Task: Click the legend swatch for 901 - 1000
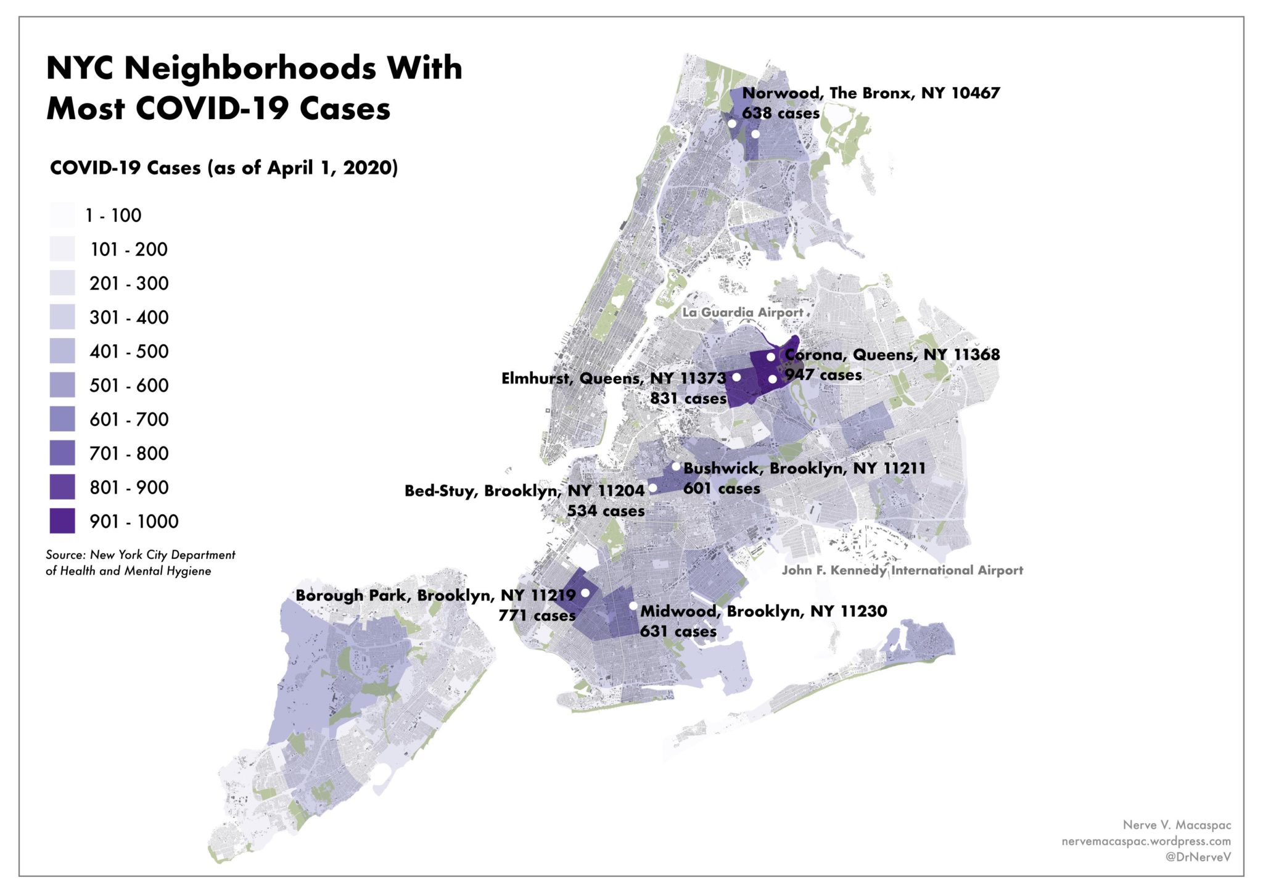point(62,521)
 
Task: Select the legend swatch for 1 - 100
point(62,215)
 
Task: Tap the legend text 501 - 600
point(129,385)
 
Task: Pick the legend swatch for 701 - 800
point(62,453)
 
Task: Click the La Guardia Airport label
point(743,313)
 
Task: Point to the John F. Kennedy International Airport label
point(902,570)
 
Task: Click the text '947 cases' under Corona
point(823,375)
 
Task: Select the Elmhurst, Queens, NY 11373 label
point(614,378)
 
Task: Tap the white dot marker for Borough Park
point(585,593)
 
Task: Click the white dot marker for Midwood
point(633,606)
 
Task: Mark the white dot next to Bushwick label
point(676,466)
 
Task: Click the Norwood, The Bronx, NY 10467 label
point(871,93)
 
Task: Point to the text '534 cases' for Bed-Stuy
point(606,511)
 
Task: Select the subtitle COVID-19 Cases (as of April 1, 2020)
point(224,168)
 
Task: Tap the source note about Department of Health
point(140,563)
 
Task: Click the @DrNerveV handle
point(1198,857)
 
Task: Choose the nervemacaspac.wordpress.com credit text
point(1146,841)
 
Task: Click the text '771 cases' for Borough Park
point(537,615)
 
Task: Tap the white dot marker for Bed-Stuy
point(652,488)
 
